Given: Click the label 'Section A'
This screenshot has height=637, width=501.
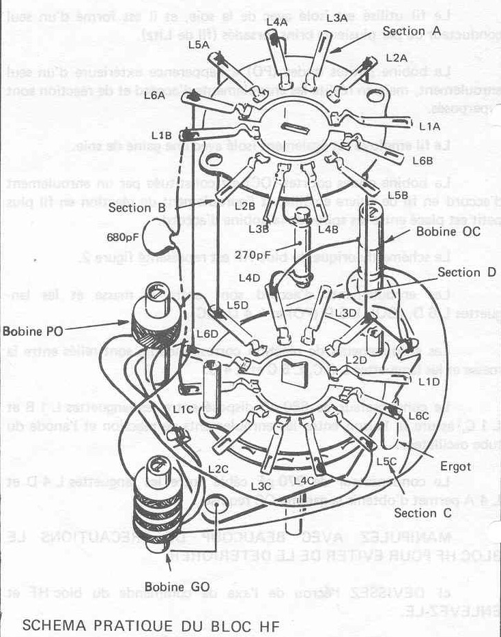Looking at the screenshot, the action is click(x=412, y=31).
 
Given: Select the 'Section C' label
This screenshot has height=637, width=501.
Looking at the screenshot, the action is click(x=418, y=513).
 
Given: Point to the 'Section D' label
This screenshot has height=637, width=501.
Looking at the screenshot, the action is click(x=468, y=272).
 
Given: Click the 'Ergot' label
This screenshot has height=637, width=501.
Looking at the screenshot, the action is click(x=455, y=467).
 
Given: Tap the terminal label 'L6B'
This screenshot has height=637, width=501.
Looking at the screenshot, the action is click(x=423, y=160).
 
